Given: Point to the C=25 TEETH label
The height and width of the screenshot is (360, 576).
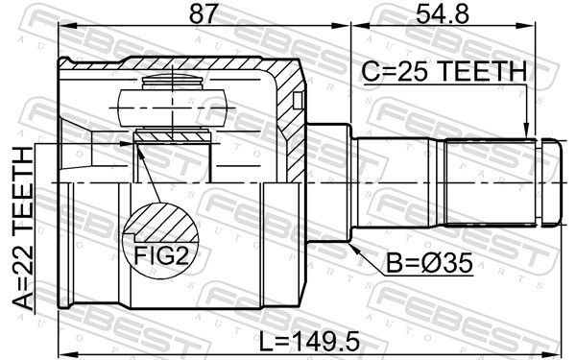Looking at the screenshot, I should (x=444, y=72).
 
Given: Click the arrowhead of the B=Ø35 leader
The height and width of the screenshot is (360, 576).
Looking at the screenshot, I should (x=356, y=247).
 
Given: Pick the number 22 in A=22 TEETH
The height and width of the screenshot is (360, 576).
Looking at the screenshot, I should (x=22, y=266).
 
